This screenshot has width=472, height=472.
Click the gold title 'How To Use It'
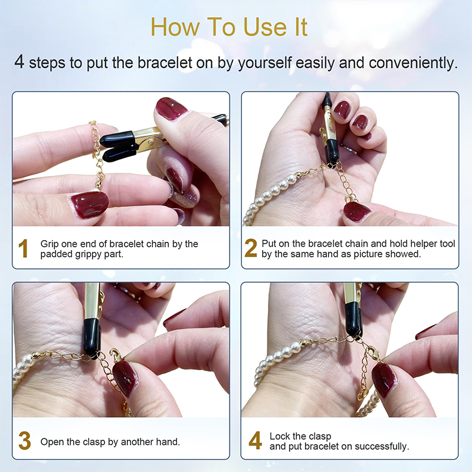click(x=229, y=27)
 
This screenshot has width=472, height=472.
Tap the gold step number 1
click(x=23, y=248)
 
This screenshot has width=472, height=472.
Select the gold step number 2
click(x=251, y=248)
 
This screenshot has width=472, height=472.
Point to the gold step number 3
click(x=25, y=440)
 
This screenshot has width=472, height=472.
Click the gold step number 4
click(x=255, y=440)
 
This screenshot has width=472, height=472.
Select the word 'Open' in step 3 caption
click(x=52, y=442)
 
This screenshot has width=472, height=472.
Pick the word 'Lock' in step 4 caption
click(x=280, y=436)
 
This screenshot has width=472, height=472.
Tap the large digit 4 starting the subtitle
click(x=19, y=61)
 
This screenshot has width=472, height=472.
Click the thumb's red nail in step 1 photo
click(x=171, y=109)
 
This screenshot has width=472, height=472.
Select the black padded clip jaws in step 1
click(x=117, y=146)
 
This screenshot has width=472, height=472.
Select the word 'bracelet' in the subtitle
click(x=165, y=63)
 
